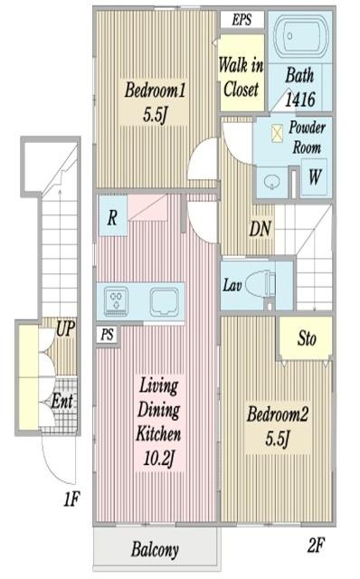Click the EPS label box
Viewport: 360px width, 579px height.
coord(242,20)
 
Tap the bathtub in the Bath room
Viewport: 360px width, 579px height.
coord(301,36)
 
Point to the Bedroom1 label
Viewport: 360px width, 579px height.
coord(155,90)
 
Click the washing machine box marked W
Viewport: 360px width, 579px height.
coord(314,177)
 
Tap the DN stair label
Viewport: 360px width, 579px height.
coord(261,229)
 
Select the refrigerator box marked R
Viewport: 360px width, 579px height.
coord(112,216)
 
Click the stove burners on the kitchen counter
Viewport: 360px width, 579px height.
coord(117,301)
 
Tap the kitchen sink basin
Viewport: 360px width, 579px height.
coord(165,301)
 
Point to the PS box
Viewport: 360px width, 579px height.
coord(108,335)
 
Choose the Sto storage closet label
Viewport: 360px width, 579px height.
coord(307,338)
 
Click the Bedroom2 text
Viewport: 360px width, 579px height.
coord(278,414)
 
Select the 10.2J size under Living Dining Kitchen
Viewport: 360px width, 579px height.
coord(159,459)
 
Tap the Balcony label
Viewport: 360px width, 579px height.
coord(155,549)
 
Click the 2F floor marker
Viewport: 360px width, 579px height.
coord(316,545)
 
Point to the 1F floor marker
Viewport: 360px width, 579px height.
coord(71,499)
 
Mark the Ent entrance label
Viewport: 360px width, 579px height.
coord(62,400)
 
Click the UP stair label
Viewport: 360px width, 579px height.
coord(66,328)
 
